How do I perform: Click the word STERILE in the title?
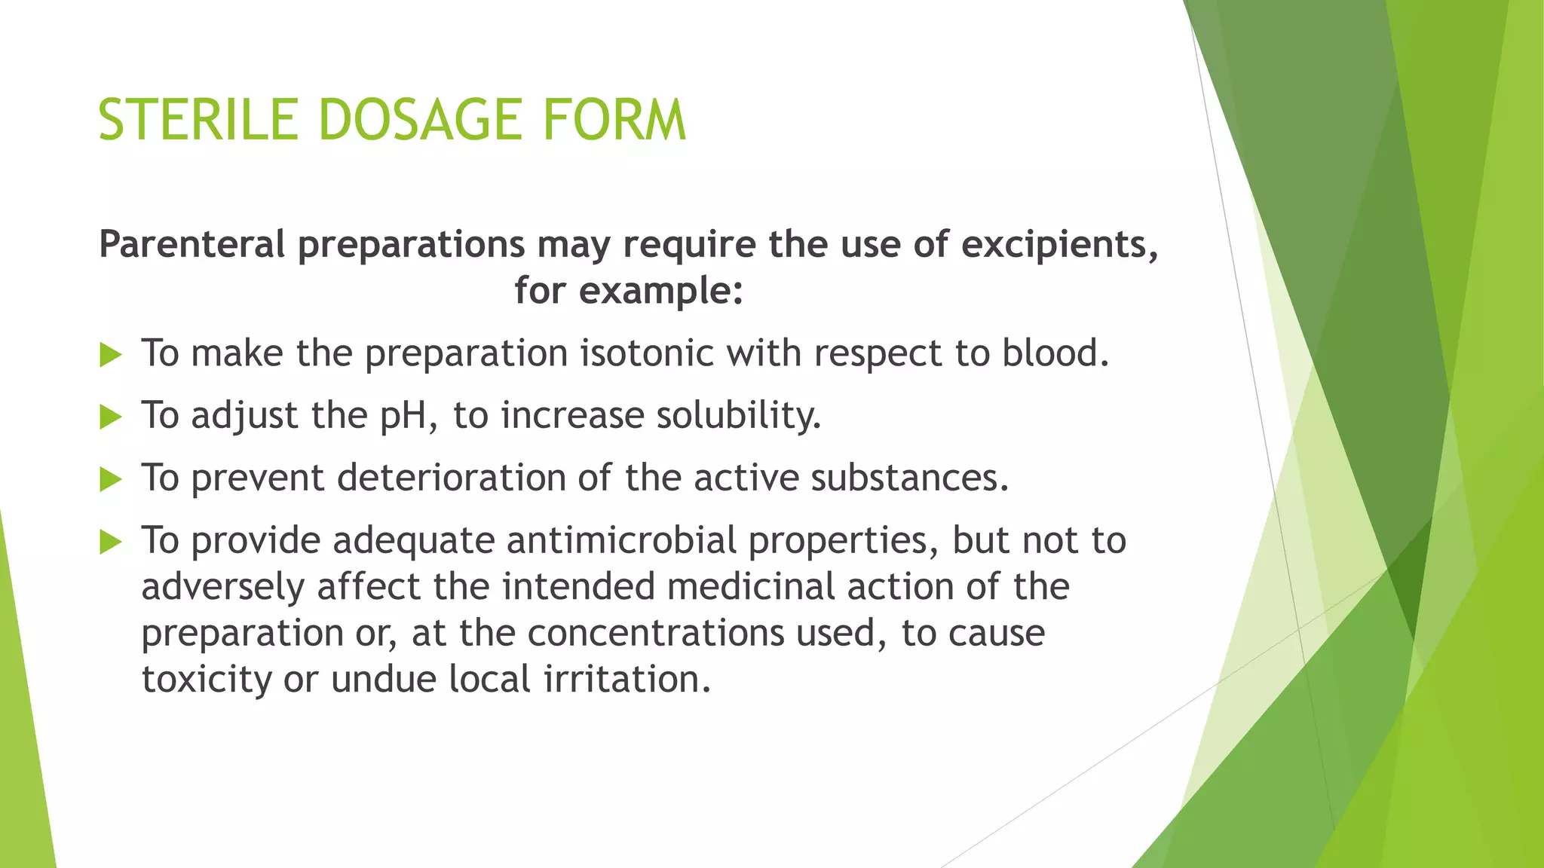tap(198, 121)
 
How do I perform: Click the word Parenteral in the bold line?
tap(192, 245)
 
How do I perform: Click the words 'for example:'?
tap(629, 291)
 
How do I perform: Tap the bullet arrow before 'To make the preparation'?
tap(110, 354)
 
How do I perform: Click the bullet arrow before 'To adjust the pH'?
tap(110, 417)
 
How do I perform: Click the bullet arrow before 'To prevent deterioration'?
tap(110, 479)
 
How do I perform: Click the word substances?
tap(908, 478)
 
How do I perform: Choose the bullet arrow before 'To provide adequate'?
tap(110, 541)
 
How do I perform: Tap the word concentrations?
tap(655, 633)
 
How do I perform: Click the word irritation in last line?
tap(626, 679)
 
